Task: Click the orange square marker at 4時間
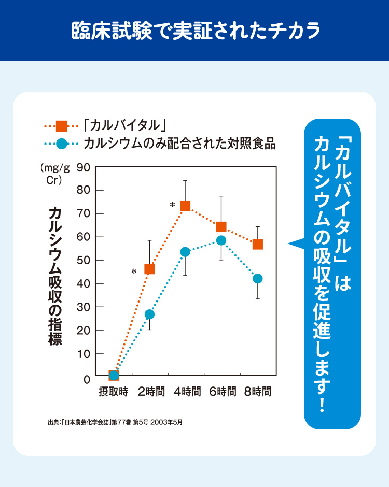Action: pos(185,206)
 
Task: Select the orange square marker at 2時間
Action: pos(149,269)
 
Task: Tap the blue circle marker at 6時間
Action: pos(221,240)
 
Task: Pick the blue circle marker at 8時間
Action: pos(257,279)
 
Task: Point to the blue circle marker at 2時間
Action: pos(149,314)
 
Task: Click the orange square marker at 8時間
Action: pos(257,244)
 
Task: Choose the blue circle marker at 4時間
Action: pos(185,252)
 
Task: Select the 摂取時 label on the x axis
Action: pos(114,392)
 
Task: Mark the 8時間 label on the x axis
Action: pos(258,392)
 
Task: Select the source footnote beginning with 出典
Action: pos(115,422)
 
